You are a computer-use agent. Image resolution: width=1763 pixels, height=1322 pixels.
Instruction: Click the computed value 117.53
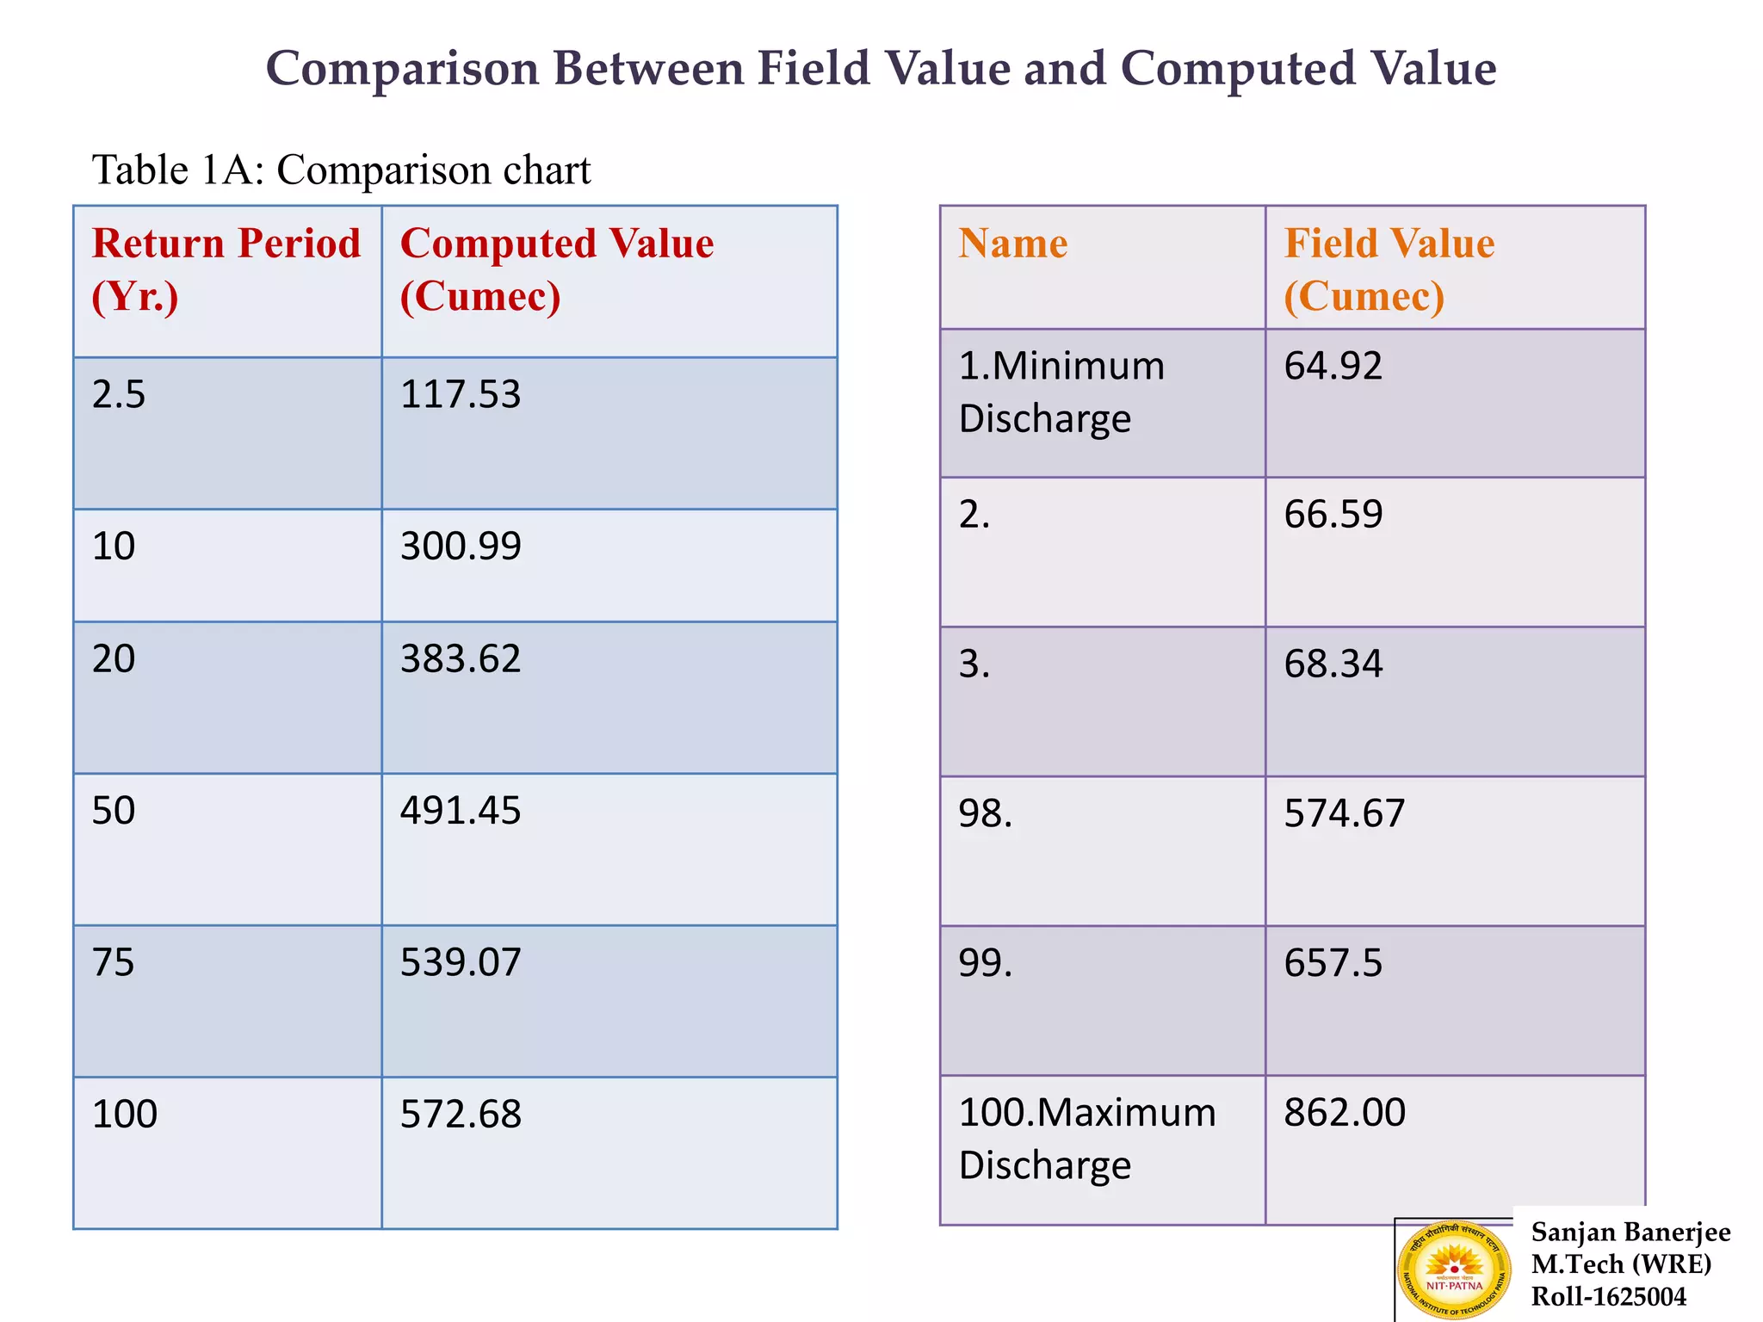point(461,395)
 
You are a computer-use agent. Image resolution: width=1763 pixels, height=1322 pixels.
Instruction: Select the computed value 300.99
point(461,547)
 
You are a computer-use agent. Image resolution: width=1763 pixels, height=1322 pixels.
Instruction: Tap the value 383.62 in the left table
point(461,659)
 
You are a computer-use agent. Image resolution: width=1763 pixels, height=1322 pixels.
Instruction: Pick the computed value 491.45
point(461,811)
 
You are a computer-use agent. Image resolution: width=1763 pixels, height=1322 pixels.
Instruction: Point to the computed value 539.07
point(461,962)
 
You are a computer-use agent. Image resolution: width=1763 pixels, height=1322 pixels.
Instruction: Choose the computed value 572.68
point(461,1115)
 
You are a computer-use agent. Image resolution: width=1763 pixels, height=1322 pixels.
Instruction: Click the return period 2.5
point(119,395)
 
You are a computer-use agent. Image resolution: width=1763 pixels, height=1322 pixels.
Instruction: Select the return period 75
point(114,962)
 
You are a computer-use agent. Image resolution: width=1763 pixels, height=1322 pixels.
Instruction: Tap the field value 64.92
point(1333,366)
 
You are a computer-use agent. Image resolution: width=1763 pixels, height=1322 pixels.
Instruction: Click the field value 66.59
point(1333,515)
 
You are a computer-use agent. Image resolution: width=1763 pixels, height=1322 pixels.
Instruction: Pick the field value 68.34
point(1333,664)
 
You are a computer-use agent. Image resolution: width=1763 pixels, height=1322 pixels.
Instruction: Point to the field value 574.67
point(1345,814)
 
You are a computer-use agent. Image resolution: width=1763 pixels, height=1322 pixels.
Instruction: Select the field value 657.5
point(1333,963)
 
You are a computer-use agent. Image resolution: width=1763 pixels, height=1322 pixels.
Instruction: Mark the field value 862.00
point(1345,1113)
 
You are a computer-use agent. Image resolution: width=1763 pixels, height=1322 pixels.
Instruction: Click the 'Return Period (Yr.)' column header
point(226,269)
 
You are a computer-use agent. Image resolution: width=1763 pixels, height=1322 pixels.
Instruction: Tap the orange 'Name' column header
point(1013,244)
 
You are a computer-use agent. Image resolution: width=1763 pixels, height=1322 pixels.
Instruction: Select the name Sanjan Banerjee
point(1630,1232)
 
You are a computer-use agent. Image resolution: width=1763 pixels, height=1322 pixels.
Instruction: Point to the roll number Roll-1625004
point(1608,1297)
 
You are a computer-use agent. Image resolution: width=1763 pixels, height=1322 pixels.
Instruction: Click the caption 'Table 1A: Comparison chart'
point(341,170)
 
